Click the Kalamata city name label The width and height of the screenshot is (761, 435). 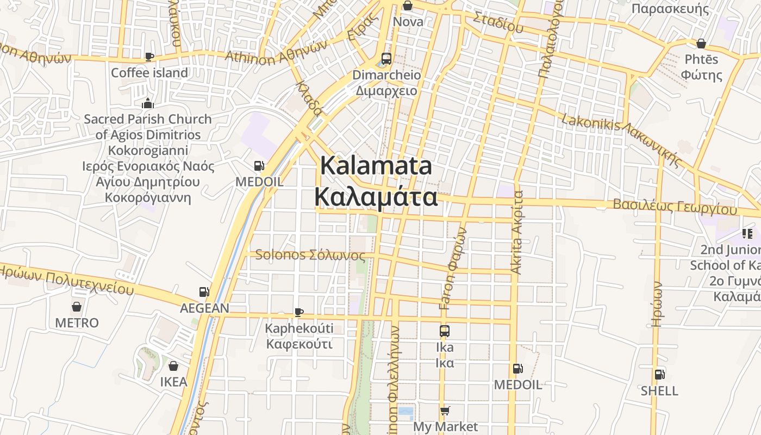pos(376,181)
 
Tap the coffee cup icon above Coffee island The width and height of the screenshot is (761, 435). pos(149,57)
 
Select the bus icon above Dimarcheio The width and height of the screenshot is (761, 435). pos(386,59)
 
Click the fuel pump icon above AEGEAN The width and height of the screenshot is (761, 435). pos(204,293)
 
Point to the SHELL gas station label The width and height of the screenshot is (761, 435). pos(659,390)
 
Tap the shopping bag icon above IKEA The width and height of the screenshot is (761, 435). pos(173,366)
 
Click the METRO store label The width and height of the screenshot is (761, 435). pos(77,322)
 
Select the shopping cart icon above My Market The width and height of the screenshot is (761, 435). pos(445,411)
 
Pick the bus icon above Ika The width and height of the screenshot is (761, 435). pos(445,331)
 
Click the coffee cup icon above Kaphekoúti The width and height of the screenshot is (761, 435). pos(298,312)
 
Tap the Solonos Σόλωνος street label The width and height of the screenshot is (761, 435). pos(310,254)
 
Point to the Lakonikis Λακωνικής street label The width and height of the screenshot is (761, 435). pos(622,139)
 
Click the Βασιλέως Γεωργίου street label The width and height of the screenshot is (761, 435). pos(675,207)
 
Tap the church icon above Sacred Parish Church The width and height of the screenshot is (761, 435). pos(147,103)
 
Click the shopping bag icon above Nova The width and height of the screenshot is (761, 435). pos(408,6)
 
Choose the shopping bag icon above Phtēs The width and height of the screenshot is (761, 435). pos(701,43)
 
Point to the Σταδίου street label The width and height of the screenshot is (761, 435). pos(498,22)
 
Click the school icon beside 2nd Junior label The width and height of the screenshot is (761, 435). pos(747,234)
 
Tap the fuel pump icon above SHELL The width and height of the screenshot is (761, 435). pos(659,374)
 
